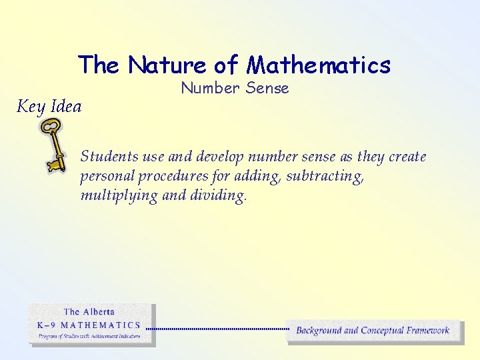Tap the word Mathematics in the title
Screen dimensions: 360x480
(318, 65)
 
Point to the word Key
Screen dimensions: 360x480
(30, 107)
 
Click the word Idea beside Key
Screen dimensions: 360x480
(65, 107)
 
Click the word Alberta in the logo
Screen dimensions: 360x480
(99, 312)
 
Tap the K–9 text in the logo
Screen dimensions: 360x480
(46, 325)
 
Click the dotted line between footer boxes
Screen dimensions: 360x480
(217, 329)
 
